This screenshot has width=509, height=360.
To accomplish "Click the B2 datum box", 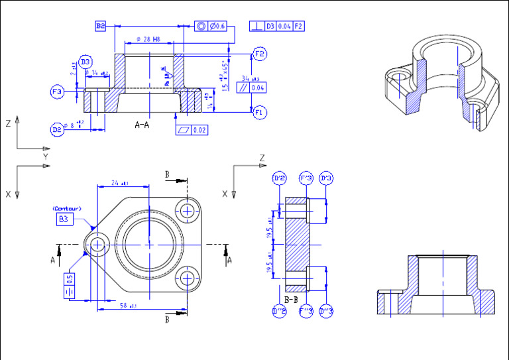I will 101,26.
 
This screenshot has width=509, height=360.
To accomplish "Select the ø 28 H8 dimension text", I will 150,40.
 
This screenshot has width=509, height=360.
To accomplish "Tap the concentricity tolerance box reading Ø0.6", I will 211,26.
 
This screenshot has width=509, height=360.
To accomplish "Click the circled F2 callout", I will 260,54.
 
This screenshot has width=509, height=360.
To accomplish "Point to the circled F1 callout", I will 260,113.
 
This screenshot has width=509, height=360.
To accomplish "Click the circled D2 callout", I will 58,129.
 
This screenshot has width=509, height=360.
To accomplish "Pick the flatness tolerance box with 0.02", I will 192,130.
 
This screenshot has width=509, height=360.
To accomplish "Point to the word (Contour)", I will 66,209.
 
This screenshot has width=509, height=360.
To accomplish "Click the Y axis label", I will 46,156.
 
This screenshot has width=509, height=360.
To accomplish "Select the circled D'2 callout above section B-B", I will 279,178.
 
